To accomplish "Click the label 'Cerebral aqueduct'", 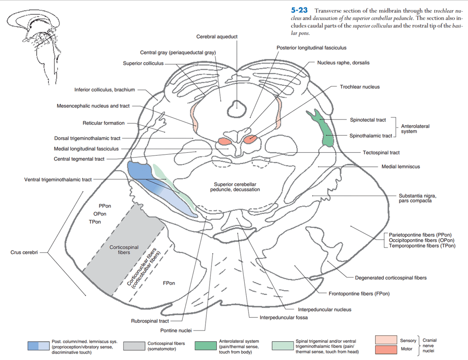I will (217, 37).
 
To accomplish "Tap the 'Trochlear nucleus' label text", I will (360, 87).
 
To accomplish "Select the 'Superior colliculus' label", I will (143, 63).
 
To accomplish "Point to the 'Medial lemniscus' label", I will (400, 166).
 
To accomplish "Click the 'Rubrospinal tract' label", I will (150, 321).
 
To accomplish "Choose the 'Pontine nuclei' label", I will (176, 331).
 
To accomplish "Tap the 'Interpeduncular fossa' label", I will (284, 317).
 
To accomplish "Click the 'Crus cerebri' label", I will (24, 253).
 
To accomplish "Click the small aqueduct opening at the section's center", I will (237, 110).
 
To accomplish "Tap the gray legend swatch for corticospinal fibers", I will (134, 346).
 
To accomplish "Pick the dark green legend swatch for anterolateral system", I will (205, 346).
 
